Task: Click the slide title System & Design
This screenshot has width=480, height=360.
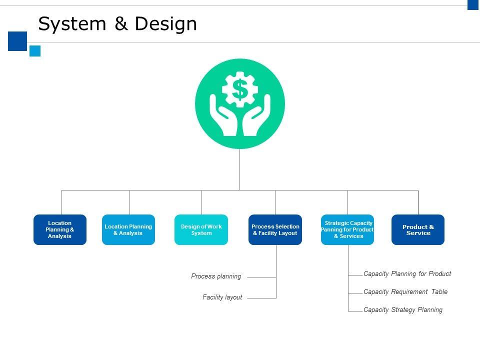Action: (117, 24)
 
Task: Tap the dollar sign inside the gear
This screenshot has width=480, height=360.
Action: (239, 89)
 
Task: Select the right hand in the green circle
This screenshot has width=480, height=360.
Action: (256, 115)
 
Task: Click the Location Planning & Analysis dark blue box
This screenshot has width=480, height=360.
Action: (60, 229)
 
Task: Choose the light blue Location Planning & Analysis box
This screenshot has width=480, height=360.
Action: (128, 229)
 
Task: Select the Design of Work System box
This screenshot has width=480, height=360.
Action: (201, 229)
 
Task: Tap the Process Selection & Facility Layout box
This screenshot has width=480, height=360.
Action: (275, 229)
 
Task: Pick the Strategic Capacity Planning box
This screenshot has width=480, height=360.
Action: (347, 229)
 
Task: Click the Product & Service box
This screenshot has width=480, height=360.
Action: (418, 229)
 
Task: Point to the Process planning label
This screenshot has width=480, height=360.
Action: (216, 276)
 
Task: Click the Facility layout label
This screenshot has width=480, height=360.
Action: (222, 297)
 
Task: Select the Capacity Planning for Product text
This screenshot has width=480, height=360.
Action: (407, 274)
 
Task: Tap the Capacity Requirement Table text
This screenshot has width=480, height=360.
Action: (405, 291)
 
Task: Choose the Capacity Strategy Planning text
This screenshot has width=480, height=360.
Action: (403, 310)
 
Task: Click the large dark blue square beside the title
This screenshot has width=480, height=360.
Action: (17, 41)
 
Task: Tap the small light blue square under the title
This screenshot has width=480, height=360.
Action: (35, 51)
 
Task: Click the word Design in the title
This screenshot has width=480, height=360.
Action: (165, 24)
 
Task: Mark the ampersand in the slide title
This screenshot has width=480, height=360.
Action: (121, 23)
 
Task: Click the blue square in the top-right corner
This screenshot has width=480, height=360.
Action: (473, 5)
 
